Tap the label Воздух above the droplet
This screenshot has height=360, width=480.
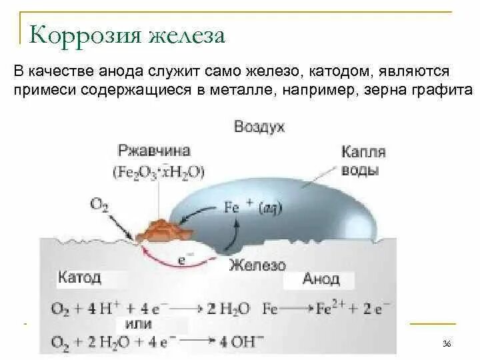pos(259,127)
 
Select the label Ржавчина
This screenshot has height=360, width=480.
pos(154,151)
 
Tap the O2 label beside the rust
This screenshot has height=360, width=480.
pos(100,203)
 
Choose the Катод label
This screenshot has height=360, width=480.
pos(79,277)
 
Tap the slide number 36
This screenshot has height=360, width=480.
pos(447,343)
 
